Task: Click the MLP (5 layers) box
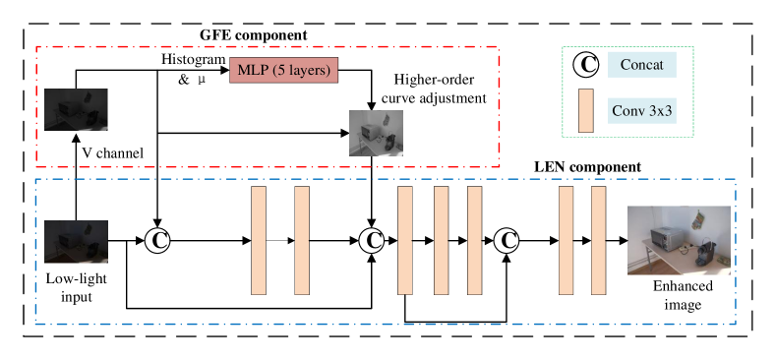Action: click(x=284, y=71)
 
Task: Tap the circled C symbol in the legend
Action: click(x=586, y=65)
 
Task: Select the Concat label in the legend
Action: click(x=642, y=65)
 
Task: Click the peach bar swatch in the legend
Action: click(x=585, y=110)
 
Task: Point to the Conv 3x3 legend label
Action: click(x=642, y=110)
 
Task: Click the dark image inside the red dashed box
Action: click(x=76, y=109)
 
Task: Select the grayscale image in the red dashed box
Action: click(x=376, y=133)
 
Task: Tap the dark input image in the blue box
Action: click(x=76, y=241)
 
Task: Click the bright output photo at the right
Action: click(x=679, y=240)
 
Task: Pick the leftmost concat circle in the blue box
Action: click(x=157, y=241)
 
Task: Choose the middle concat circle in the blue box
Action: click(x=371, y=241)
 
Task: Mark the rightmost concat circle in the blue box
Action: click(x=507, y=241)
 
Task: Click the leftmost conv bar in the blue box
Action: click(x=259, y=241)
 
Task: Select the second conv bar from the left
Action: click(x=302, y=241)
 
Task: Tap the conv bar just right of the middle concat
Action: click(x=404, y=241)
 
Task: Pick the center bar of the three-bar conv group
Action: click(x=441, y=241)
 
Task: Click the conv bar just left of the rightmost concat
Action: click(x=474, y=241)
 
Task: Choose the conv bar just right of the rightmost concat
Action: click(x=566, y=241)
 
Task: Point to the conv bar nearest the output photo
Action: click(x=598, y=241)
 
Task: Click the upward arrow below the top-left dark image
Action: click(x=76, y=145)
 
